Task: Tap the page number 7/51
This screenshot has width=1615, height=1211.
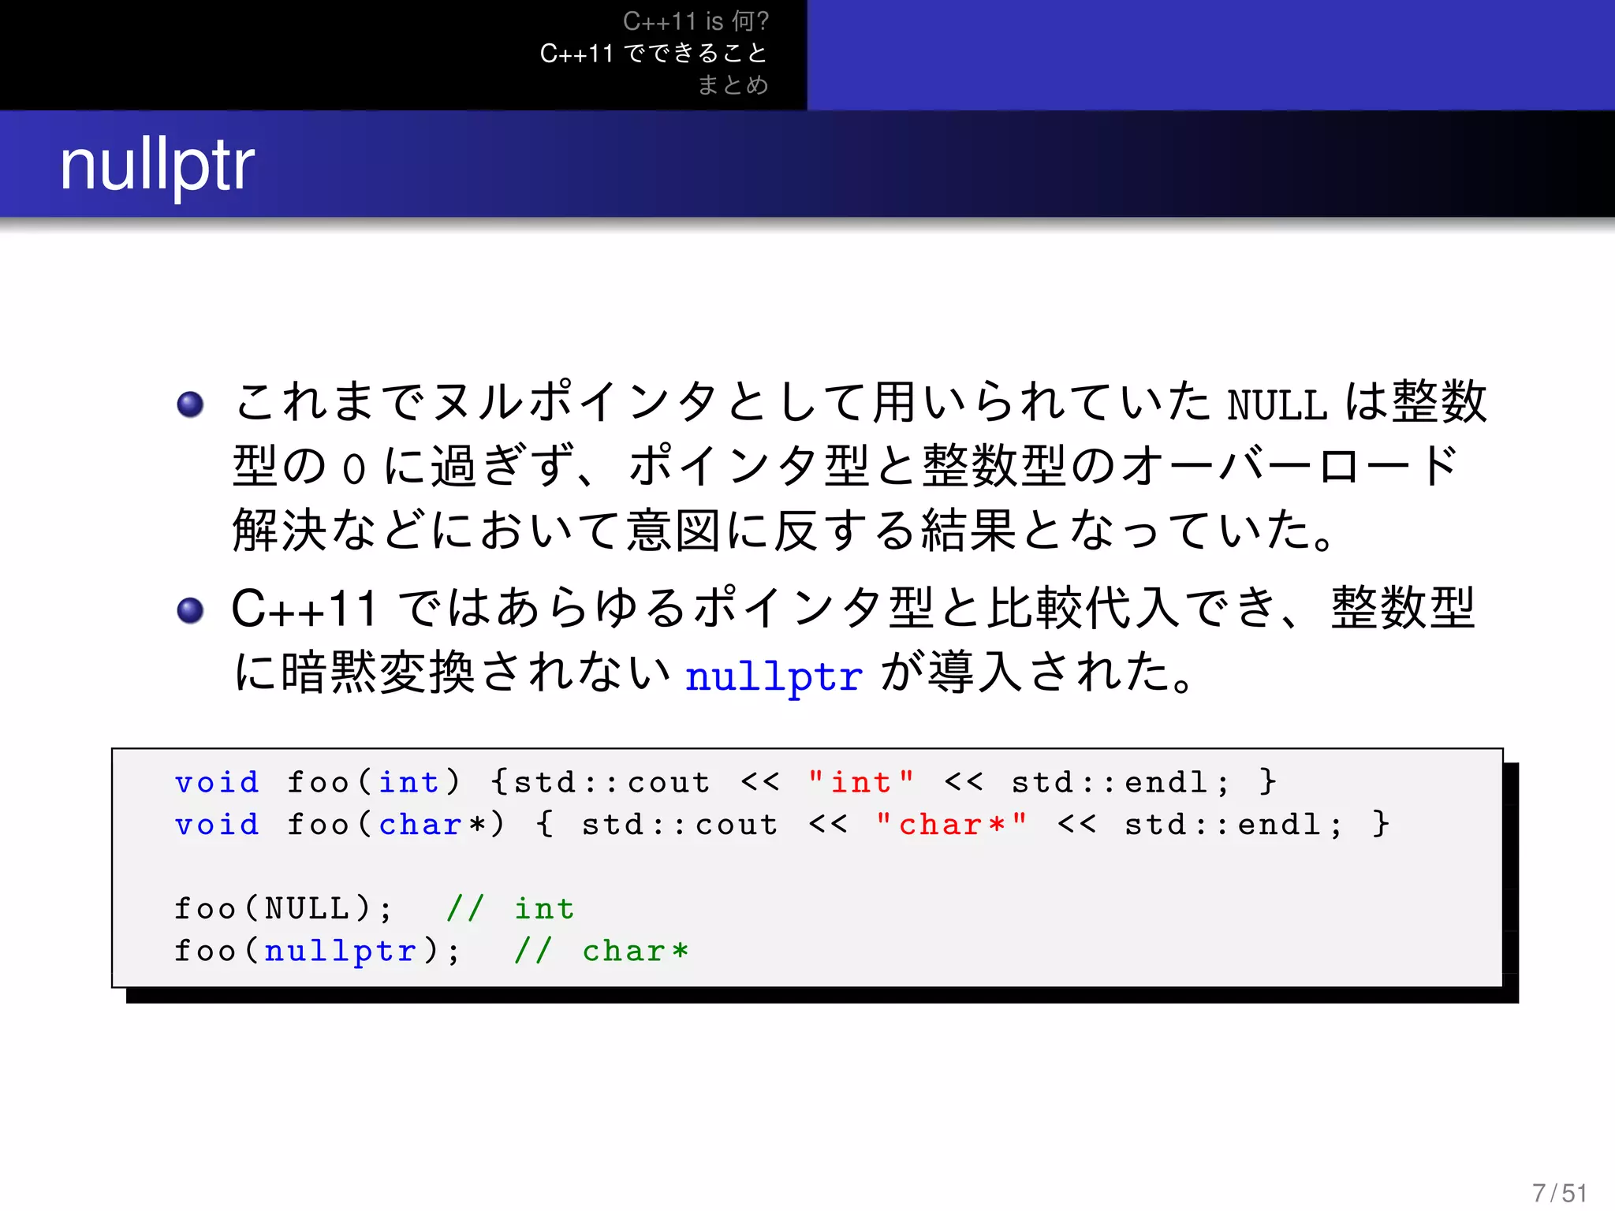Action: tap(1559, 1193)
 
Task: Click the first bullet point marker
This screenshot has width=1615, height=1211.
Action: tap(190, 404)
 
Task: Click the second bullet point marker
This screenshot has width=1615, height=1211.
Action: tap(190, 610)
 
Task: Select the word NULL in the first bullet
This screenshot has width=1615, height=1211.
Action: tap(1277, 405)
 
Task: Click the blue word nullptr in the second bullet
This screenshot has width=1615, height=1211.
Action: tap(774, 676)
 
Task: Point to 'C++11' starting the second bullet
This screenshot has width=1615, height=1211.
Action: tap(304, 609)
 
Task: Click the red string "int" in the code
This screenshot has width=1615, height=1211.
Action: tap(860, 782)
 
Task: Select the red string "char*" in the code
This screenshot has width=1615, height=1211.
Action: tap(951, 825)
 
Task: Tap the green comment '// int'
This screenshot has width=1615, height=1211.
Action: tap(510, 908)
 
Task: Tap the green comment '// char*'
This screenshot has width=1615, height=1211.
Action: tap(601, 951)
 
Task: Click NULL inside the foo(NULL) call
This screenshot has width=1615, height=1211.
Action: tap(308, 908)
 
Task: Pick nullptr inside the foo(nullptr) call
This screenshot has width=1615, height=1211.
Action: tap(341, 951)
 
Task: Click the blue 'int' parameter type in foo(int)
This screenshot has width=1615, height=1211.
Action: tap(408, 782)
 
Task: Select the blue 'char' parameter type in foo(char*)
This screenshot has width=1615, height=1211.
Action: tap(420, 825)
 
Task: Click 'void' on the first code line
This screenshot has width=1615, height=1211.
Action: tap(217, 782)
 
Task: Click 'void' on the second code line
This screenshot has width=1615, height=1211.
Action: tap(217, 825)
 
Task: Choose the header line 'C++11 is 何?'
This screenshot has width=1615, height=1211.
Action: tap(696, 21)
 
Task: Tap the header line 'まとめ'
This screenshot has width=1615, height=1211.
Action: tap(733, 84)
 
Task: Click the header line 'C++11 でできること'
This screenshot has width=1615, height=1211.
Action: tap(654, 53)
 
